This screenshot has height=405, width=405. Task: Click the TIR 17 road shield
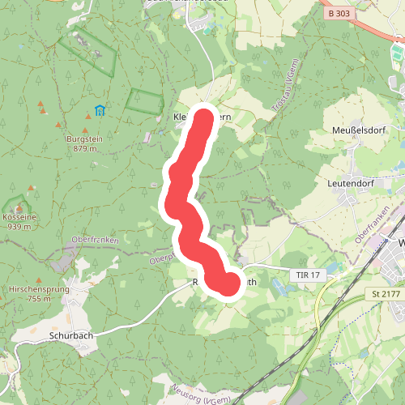click(x=308, y=276)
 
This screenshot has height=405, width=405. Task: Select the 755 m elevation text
click(x=38, y=299)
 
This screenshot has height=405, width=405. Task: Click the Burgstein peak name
click(x=84, y=139)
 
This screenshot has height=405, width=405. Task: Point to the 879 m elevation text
click(x=84, y=148)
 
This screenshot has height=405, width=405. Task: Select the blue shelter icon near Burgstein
click(x=99, y=110)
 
